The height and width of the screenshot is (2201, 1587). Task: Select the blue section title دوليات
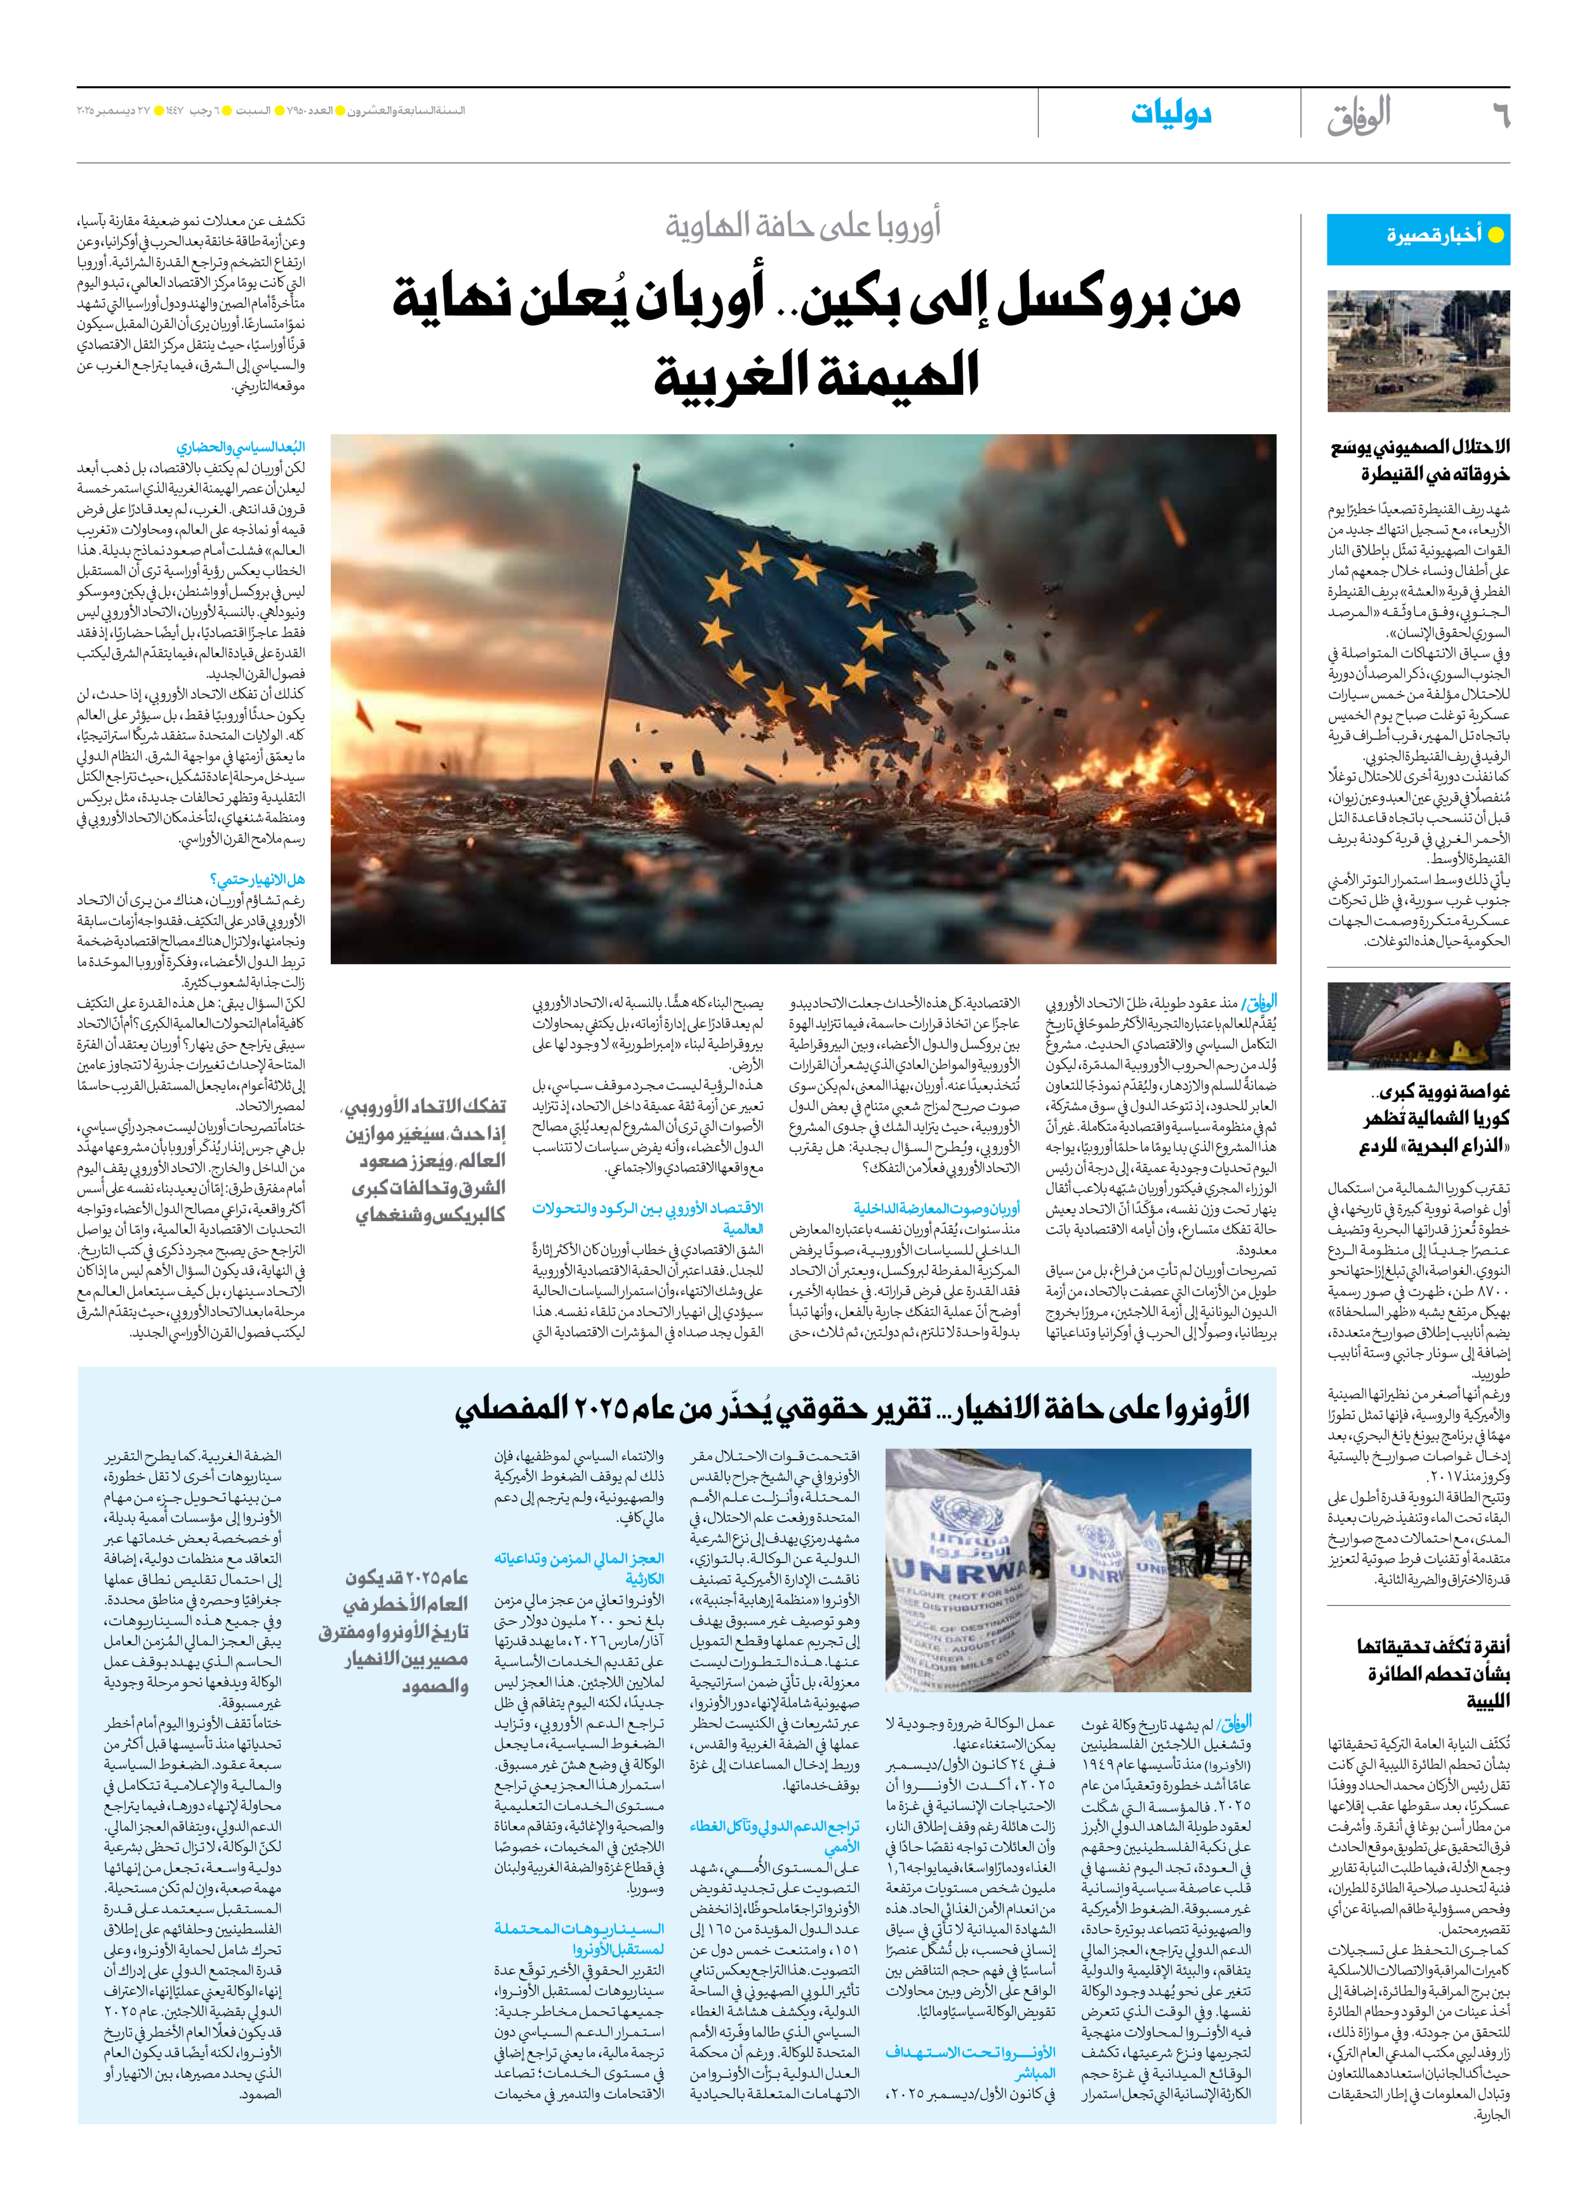[1171, 114]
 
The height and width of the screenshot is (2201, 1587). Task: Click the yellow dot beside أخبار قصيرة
[1496, 235]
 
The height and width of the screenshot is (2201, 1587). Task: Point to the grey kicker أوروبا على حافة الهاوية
[803, 226]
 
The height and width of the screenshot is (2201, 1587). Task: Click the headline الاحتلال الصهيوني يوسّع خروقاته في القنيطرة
[1420, 460]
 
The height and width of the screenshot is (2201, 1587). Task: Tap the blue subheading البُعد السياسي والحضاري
[241, 447]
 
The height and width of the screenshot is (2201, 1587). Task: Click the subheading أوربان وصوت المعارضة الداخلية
[937, 1208]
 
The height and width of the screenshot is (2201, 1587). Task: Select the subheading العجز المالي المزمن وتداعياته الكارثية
[580, 1570]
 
